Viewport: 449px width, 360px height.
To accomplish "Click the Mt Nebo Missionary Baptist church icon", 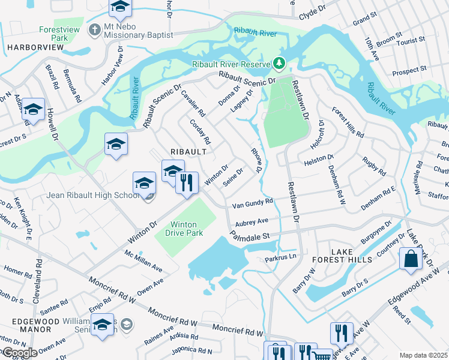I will pyautogui.click(x=94, y=29).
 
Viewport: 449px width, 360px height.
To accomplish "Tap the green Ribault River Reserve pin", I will pyautogui.click(x=279, y=63).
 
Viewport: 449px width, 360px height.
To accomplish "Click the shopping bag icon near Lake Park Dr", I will pyautogui.click(x=411, y=259).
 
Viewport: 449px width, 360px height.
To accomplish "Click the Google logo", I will pyautogui.click(x=20, y=353).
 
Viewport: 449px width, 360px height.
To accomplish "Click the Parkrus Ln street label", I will pyautogui.click(x=281, y=259).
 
